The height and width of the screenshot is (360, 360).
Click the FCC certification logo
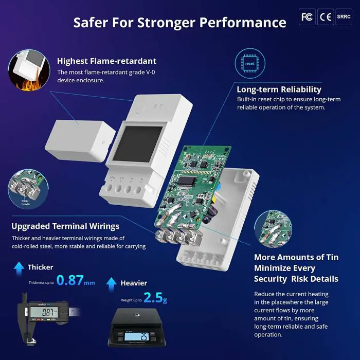click(307, 16)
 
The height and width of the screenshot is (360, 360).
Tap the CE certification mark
click(325, 16)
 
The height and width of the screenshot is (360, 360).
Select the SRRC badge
click(344, 16)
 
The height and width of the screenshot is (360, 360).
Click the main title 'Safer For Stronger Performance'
click(179, 23)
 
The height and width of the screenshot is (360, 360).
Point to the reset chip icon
click(249, 63)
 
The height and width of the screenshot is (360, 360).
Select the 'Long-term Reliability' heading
click(279, 89)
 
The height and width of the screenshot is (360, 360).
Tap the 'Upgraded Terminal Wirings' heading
click(65, 226)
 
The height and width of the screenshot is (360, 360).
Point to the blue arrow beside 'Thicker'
click(19, 267)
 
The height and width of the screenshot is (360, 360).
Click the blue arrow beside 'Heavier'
click(110, 282)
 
